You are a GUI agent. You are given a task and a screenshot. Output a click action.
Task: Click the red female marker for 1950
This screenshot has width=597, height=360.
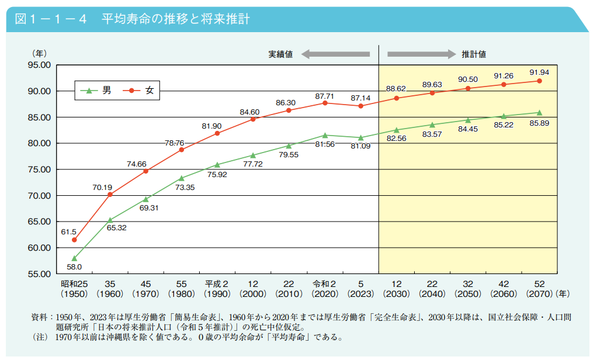74,240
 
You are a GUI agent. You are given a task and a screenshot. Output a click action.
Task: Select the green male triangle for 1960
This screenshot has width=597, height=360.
110,220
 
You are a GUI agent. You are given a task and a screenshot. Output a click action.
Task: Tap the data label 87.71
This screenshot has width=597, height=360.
325,95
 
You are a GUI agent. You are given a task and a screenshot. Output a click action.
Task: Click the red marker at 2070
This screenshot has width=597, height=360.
539,81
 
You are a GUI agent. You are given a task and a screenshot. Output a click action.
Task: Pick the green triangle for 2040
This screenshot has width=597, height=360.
432,124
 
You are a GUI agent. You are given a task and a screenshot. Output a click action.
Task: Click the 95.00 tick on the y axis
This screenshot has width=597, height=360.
39,65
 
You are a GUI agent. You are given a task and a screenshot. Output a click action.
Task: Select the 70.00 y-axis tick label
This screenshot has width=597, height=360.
39,195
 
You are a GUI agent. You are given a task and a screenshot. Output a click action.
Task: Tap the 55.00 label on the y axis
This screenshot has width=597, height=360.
39,274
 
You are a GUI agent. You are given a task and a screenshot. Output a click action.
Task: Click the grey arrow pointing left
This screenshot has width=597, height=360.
336,54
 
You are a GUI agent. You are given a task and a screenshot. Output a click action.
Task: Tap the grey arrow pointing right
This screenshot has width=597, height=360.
421,54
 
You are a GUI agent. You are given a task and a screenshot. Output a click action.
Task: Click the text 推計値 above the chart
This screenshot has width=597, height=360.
474,54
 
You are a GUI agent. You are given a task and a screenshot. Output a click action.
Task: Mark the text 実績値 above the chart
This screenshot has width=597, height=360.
280,54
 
